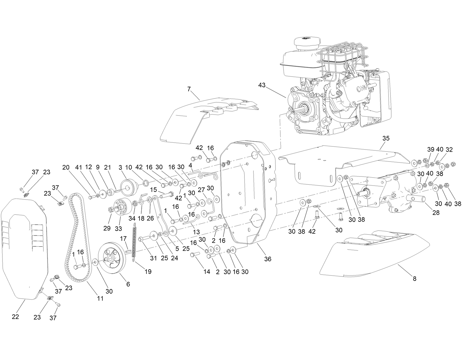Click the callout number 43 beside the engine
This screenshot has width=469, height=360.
click(262, 85)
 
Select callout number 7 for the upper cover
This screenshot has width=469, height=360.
click(189, 89)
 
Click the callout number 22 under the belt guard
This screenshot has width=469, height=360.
click(15, 317)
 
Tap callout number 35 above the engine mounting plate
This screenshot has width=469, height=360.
click(386, 139)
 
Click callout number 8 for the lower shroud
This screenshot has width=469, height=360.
click(415, 278)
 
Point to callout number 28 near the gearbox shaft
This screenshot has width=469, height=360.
click(436, 213)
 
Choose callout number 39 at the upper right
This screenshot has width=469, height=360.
click(431, 149)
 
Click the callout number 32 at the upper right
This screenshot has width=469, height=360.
click(449, 149)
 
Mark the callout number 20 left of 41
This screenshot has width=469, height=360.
click(66, 167)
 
